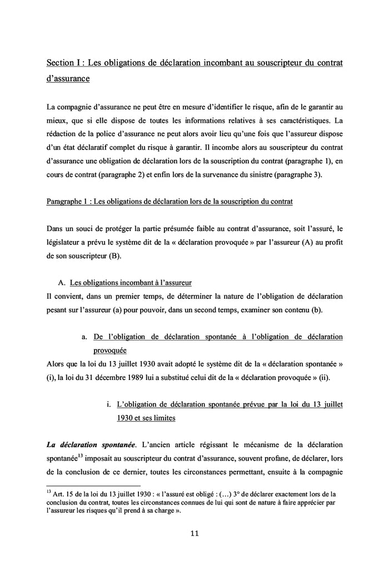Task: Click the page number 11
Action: (194, 534)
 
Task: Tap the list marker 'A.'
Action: (62, 282)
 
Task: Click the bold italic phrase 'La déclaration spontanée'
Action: (91, 445)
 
